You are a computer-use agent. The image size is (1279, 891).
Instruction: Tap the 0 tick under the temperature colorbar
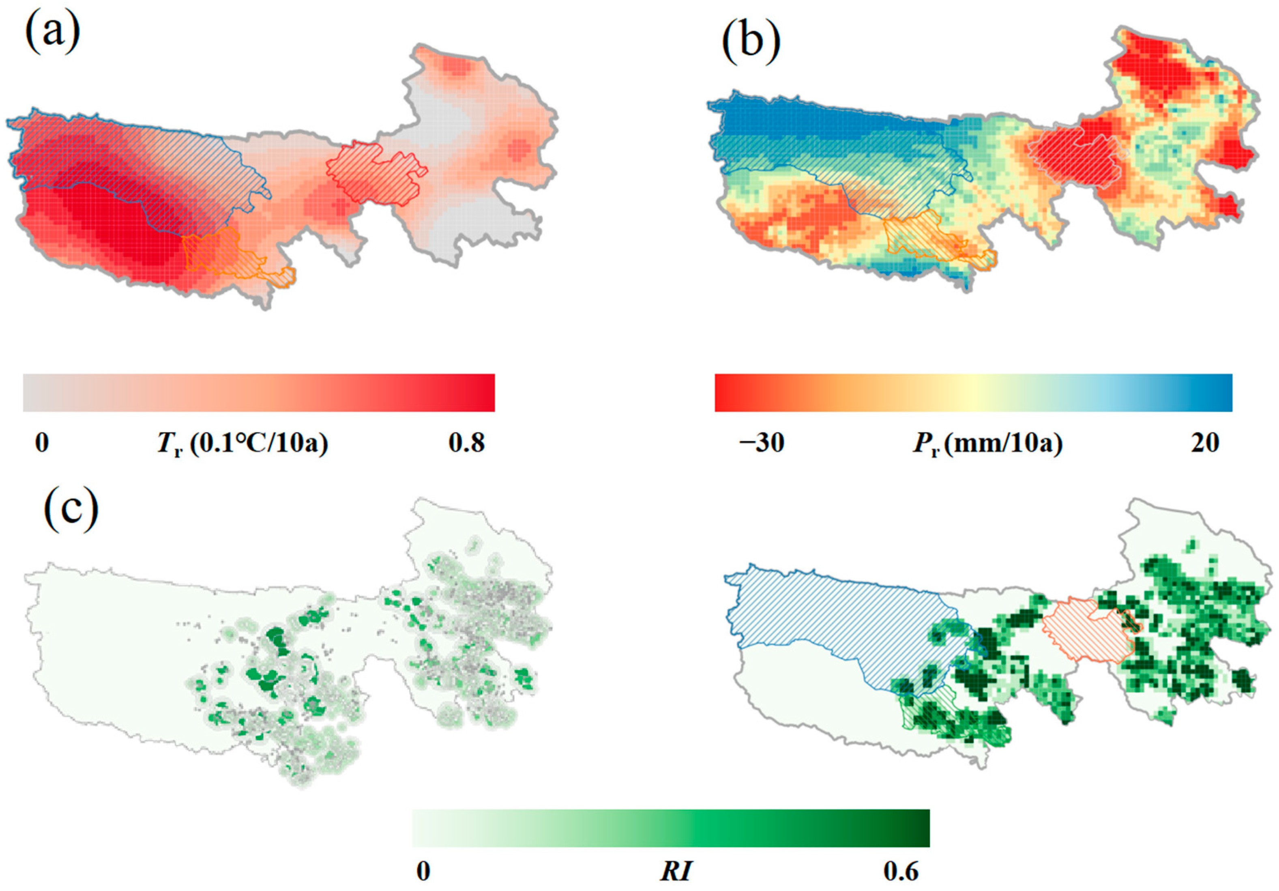click(42, 443)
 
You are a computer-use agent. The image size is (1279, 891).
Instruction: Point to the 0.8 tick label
click(467, 443)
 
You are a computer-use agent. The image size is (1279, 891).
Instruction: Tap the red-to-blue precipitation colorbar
click(973, 393)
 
